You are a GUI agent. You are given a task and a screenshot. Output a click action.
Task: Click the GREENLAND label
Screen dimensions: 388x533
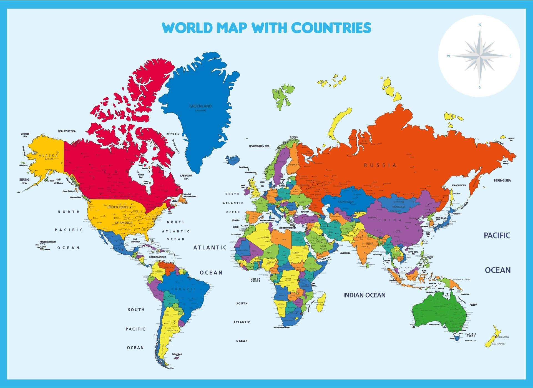(200, 106)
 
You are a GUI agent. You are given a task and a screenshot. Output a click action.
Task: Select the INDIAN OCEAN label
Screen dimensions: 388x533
(364, 295)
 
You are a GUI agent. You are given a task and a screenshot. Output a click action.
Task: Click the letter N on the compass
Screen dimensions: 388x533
(480, 25)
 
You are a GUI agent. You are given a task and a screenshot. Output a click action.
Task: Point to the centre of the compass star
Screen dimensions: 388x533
(480, 56)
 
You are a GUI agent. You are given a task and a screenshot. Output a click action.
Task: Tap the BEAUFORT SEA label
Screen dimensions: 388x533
(67, 131)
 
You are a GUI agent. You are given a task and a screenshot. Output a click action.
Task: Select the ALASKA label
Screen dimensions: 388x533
(48, 155)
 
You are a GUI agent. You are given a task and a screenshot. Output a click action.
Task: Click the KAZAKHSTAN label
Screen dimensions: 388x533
(346, 202)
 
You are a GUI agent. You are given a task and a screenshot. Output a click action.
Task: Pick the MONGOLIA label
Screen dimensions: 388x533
(399, 207)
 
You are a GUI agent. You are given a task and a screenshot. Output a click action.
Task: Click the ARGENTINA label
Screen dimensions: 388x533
(172, 331)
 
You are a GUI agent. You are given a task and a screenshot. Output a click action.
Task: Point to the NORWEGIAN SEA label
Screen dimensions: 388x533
(259, 146)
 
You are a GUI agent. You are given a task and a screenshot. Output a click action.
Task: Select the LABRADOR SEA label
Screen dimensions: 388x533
(186, 177)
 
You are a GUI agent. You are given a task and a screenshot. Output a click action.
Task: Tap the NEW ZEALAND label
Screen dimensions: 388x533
(498, 344)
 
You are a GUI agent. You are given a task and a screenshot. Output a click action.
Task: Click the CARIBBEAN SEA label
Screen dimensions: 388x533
(158, 257)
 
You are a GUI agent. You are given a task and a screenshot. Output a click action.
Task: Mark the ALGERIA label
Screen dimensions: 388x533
(265, 237)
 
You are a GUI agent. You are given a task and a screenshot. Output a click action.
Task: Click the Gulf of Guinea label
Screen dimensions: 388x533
(255, 280)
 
